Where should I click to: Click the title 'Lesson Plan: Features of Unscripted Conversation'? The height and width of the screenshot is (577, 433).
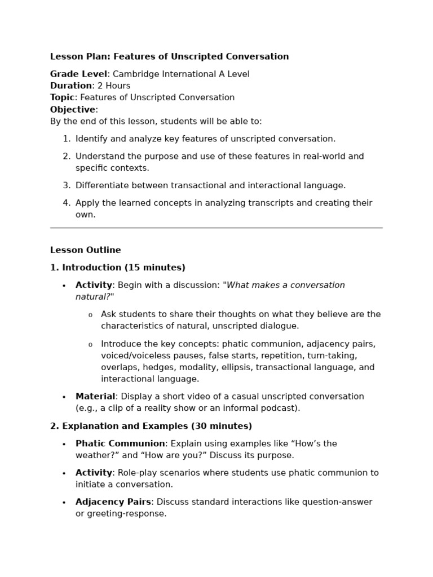(169, 56)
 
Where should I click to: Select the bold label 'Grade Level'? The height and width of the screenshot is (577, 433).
(78, 74)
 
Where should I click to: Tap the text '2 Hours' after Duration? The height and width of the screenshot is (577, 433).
(113, 86)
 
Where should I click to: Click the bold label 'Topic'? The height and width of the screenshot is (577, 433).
(62, 97)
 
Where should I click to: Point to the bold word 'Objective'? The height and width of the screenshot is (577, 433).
(72, 109)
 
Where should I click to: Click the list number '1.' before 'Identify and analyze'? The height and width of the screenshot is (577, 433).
(67, 139)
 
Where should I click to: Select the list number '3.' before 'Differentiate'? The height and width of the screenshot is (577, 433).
(67, 185)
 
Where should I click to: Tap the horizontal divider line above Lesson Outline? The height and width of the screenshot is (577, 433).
(216, 228)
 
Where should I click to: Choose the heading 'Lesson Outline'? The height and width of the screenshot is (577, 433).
(85, 250)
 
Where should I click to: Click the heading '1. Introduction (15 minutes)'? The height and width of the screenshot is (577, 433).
(117, 268)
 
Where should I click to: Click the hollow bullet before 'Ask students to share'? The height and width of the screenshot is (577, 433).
(90, 314)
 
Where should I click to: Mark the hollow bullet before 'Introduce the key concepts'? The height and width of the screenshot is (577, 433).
(90, 344)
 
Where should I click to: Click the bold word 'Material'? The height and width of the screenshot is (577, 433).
(95, 397)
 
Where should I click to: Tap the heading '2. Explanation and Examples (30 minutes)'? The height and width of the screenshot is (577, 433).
(151, 426)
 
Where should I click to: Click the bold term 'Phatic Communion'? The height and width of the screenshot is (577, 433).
(120, 443)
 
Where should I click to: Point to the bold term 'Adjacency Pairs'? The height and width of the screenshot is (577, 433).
(113, 502)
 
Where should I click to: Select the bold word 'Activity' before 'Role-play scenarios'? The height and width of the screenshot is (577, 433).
(94, 473)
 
